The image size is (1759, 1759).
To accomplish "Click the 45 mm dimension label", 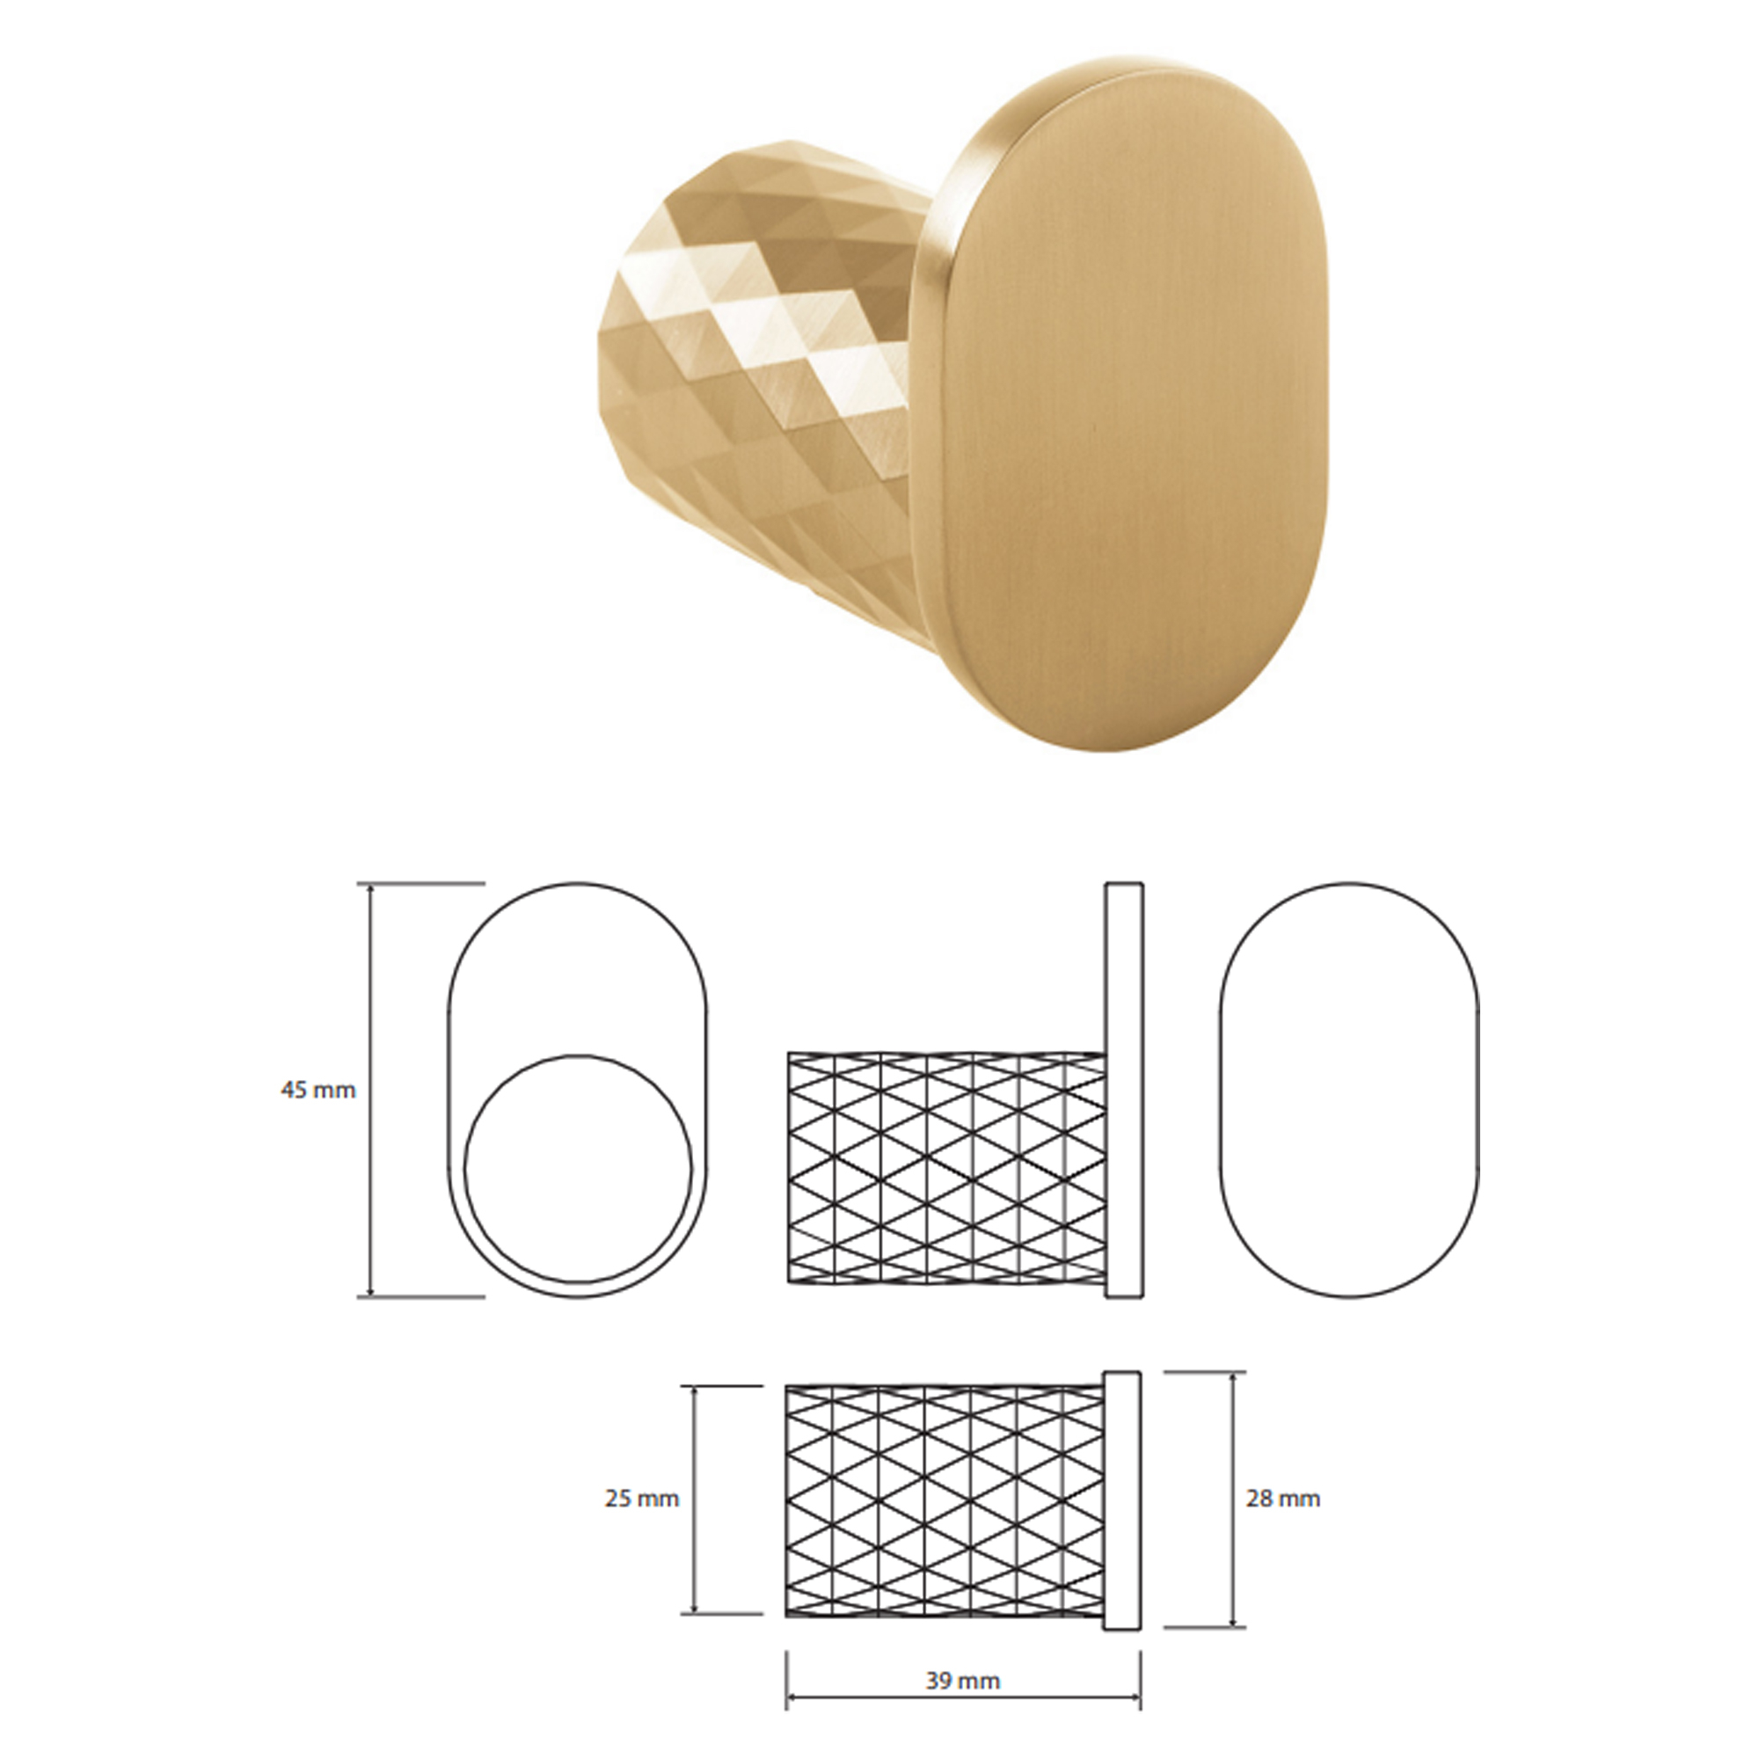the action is click(x=317, y=1089).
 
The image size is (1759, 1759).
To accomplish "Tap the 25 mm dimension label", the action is click(x=642, y=1498).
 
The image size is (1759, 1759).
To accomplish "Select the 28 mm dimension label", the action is click(x=1283, y=1498).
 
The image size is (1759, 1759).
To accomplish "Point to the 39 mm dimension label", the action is click(x=963, y=1654).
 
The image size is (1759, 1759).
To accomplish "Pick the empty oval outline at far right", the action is click(x=1221, y=1089).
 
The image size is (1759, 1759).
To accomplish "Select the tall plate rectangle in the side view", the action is click(x=1123, y=1089).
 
